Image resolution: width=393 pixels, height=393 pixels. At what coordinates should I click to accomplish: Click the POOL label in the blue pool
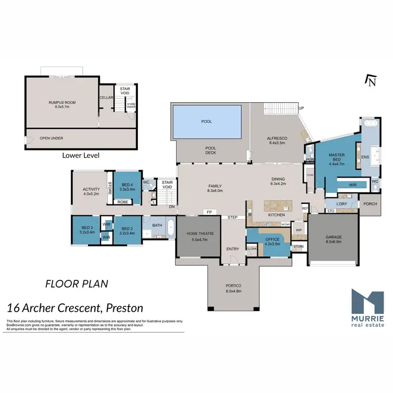pos(206,121)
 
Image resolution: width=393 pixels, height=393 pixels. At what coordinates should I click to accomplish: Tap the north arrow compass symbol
pos(371,81)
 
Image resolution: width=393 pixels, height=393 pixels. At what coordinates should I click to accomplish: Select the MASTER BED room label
pos(336,159)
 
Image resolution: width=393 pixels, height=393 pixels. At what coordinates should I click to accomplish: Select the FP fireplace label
pos(209,212)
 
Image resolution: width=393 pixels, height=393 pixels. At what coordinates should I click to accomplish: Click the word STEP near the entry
pos(232,217)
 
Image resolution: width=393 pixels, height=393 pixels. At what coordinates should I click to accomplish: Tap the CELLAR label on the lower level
pos(106,97)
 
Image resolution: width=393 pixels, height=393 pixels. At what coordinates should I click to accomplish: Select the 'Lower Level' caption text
pos(80,155)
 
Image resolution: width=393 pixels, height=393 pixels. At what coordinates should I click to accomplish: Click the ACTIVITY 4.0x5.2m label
pos(91,192)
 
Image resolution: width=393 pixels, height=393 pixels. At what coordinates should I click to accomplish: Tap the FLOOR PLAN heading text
pos(77,284)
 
